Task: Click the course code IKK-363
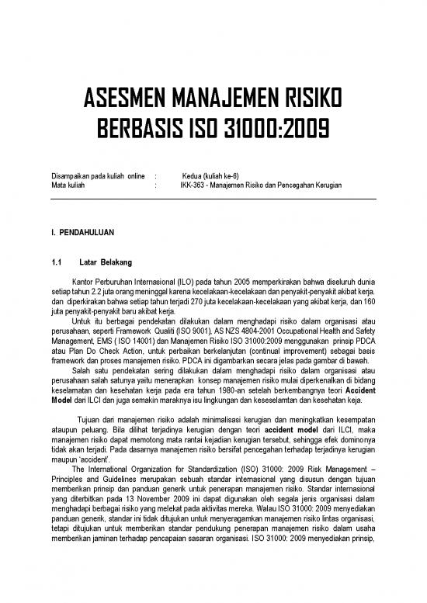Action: pos(193,187)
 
